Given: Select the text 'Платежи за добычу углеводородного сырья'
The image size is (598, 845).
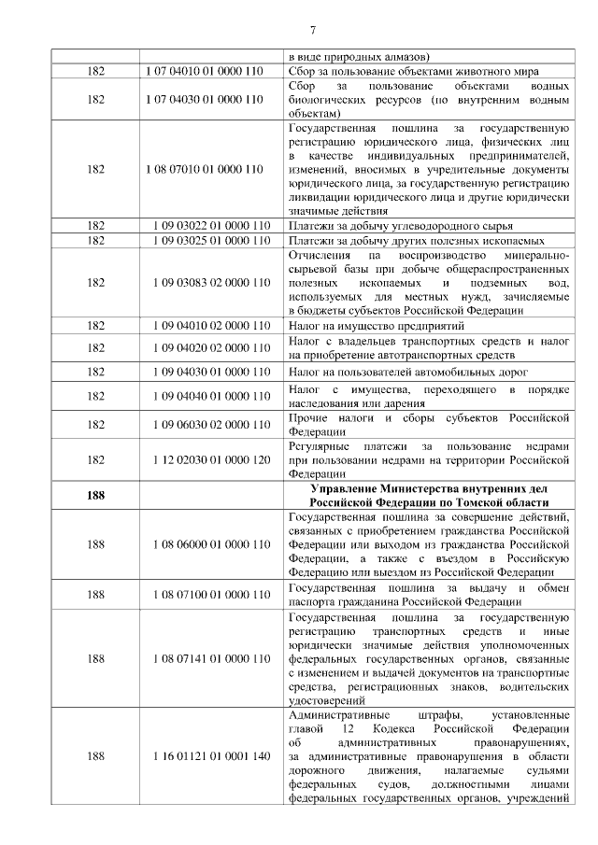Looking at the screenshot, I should coord(400,225).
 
